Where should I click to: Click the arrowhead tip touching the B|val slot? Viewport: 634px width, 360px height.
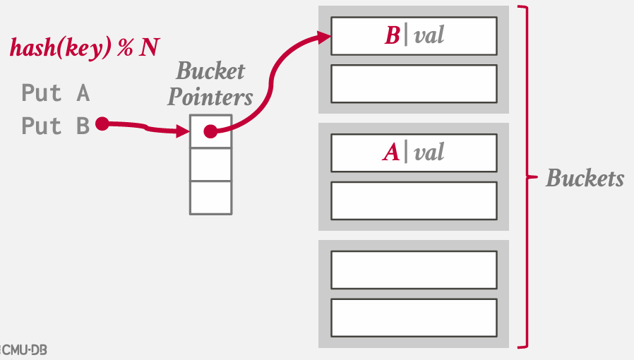pos(332,37)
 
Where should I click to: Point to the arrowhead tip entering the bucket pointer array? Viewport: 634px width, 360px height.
pos(190,131)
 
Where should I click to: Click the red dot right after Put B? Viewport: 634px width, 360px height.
pos(102,124)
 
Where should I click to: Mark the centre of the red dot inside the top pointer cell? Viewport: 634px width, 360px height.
pos(210,131)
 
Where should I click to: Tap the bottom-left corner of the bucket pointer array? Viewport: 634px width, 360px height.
pos(190,214)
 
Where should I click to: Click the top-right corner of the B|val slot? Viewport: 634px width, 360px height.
pos(497,18)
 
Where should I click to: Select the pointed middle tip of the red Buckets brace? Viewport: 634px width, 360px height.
pos(538,177)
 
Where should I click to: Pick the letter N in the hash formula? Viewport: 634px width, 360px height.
pos(149,47)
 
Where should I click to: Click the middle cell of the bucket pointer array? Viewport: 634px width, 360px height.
pos(210,164)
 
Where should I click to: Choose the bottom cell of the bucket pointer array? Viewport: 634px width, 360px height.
pos(210,198)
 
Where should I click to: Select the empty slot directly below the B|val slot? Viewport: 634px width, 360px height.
pos(414,84)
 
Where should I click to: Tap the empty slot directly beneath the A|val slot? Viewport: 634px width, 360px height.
pos(414,200)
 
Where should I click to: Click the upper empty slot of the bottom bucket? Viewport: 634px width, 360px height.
pos(414,270)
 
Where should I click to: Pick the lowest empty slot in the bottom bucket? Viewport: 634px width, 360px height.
pos(414,318)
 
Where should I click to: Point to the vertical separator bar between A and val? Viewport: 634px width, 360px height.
pos(406,152)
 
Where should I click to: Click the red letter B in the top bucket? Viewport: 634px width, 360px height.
pos(393,35)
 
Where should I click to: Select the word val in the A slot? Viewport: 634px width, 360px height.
pos(429,152)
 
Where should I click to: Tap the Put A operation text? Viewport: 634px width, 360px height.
pos(56,93)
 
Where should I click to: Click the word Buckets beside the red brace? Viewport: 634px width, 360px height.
pos(585,178)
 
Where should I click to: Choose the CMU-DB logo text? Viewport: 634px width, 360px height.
pos(24,350)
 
